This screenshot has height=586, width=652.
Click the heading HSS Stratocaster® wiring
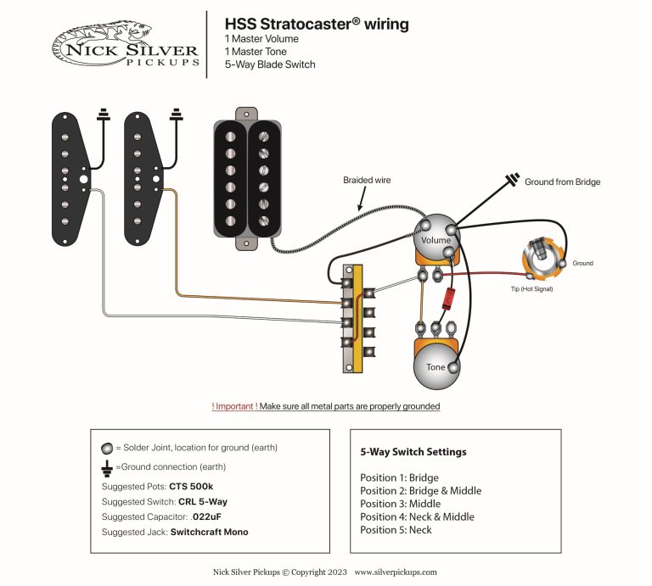[x=316, y=24]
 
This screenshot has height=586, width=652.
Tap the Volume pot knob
[x=436, y=238]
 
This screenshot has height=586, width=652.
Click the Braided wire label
[x=367, y=180]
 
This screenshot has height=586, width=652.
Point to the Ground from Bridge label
[x=562, y=181]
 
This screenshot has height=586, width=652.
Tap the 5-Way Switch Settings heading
[x=413, y=452]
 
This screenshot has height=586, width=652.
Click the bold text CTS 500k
[x=192, y=486]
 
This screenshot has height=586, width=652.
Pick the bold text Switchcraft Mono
[x=210, y=532]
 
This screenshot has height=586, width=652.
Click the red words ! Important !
[x=234, y=407]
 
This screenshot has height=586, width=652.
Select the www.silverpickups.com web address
[x=396, y=572]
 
